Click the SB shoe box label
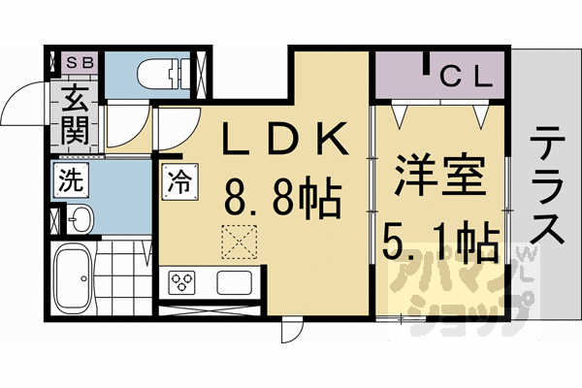pyautogui.click(x=77, y=63)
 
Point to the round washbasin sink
pyautogui.click(x=79, y=219)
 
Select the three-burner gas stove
pyautogui.click(x=183, y=283)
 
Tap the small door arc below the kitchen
pyautogui.click(x=289, y=330)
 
